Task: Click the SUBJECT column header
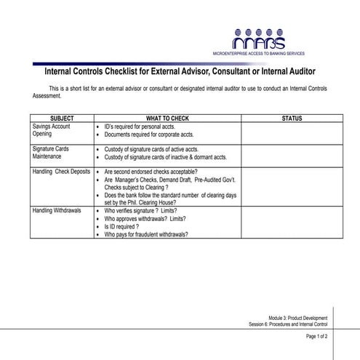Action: (x=62, y=118)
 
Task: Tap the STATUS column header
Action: (x=292, y=118)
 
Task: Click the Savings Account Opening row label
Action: (x=52, y=130)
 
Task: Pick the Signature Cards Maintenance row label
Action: (x=51, y=153)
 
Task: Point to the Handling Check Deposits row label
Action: (x=61, y=172)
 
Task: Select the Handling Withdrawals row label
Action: (x=57, y=210)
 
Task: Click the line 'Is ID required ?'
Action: (x=121, y=227)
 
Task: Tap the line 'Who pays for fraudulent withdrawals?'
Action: (x=146, y=235)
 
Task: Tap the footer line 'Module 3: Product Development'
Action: (x=297, y=319)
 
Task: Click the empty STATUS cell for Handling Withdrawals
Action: (x=292, y=223)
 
